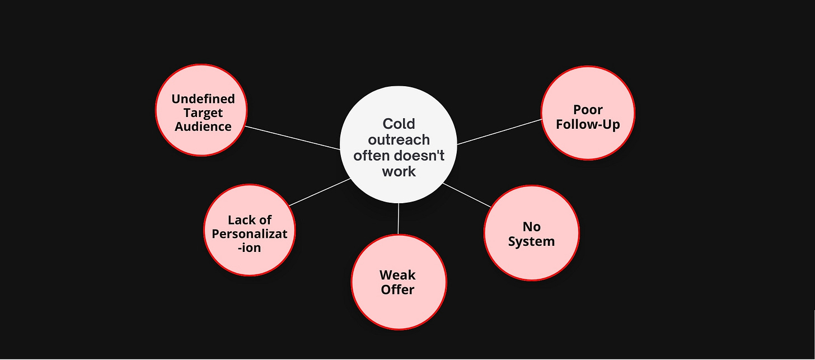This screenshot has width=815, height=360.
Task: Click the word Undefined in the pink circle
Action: coord(203,99)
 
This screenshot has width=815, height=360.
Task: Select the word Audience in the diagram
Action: coord(203,126)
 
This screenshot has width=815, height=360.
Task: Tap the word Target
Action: coord(203,113)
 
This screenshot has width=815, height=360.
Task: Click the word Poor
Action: coord(588,110)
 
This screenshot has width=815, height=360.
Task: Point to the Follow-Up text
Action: coord(588,124)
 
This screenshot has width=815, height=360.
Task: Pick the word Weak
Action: coord(397,275)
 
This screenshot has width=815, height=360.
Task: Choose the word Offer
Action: coord(397,289)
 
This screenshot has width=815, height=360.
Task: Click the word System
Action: coord(532,241)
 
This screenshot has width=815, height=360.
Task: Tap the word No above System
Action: coord(532,227)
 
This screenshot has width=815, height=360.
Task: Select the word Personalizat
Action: coord(250,233)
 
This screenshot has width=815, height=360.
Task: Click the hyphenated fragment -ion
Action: coord(249,247)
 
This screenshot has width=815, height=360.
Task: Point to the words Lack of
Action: coord(250,219)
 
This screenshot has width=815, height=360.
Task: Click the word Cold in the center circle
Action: coord(399,123)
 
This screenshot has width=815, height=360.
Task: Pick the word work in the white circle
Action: coord(399,171)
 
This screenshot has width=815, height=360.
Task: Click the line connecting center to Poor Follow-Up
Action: coord(499,132)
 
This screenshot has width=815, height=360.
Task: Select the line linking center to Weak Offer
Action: coord(398,219)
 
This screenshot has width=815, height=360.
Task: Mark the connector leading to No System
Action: coord(467,195)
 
